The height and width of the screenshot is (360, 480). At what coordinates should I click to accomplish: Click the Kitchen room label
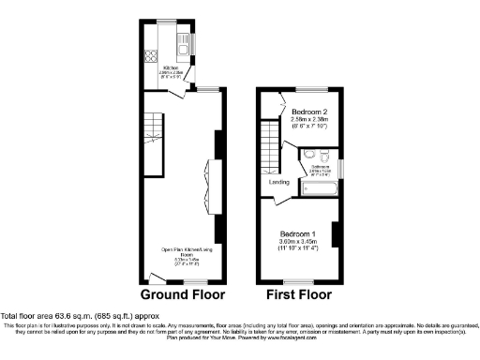tap(172, 67)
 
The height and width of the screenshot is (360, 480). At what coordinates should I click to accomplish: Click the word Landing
tap(279, 183)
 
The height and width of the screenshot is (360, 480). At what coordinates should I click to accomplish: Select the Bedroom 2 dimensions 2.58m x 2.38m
tap(307, 120)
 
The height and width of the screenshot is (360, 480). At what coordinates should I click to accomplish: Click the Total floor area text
tap(70, 316)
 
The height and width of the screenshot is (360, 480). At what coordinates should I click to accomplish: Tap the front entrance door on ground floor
tap(153, 278)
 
